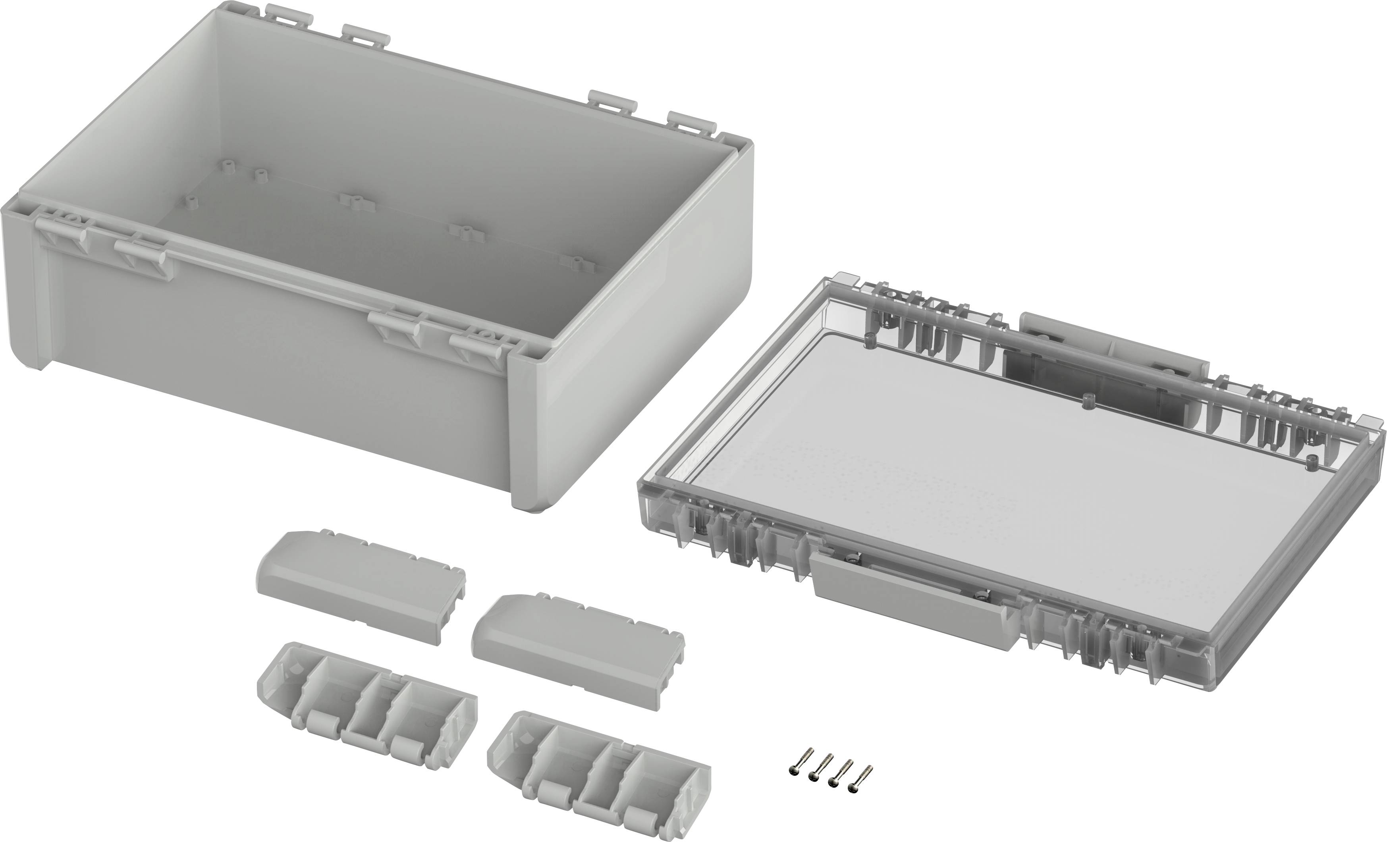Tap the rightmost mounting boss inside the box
click(x=577, y=262)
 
